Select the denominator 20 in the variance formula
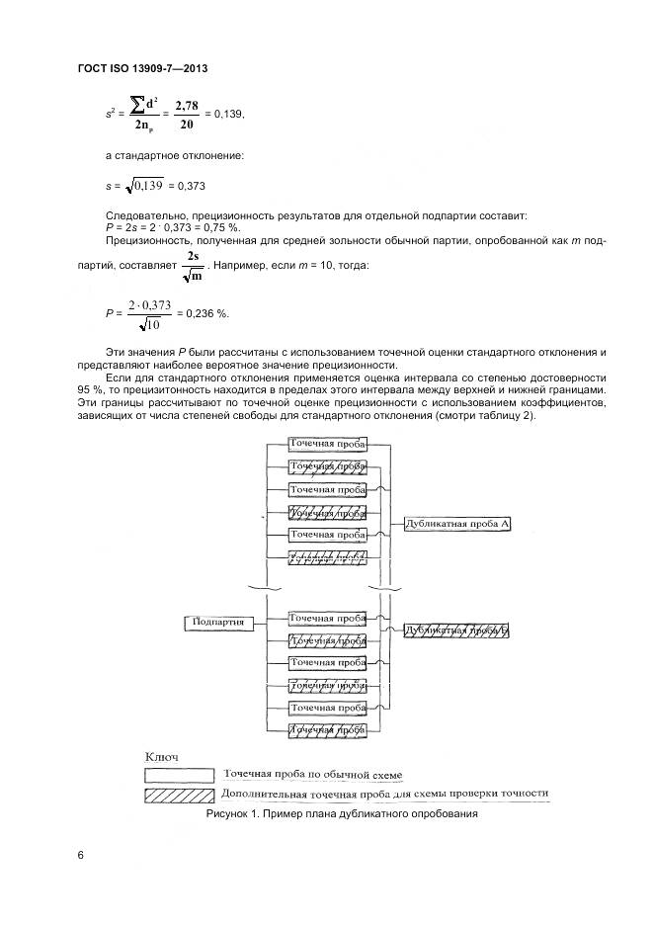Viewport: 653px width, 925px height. tap(187, 126)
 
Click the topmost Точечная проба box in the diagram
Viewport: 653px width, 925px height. tap(327, 445)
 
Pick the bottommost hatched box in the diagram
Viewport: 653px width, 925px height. tap(327, 730)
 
